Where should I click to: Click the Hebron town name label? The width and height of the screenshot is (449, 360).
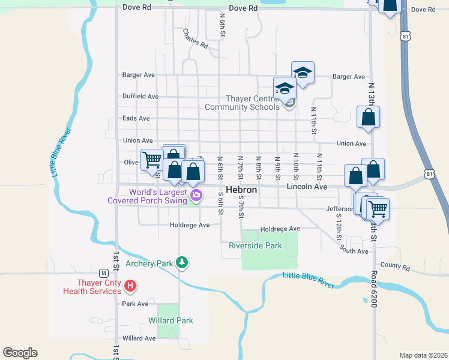pyautogui.click(x=241, y=190)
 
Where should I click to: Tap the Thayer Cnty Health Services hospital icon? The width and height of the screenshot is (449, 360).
pyautogui.click(x=130, y=286)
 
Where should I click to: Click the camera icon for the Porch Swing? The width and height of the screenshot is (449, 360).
pyautogui.click(x=196, y=195)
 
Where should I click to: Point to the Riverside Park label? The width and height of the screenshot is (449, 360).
pyautogui.click(x=255, y=245)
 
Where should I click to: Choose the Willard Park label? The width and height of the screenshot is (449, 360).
pyautogui.click(x=171, y=320)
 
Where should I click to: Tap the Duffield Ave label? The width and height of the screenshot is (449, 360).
pyautogui.click(x=140, y=96)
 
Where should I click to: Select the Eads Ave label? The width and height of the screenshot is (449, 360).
pyautogui.click(x=136, y=118)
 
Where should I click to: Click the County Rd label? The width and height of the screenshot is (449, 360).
pyautogui.click(x=394, y=267)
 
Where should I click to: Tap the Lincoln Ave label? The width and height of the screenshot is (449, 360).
pyautogui.click(x=307, y=187)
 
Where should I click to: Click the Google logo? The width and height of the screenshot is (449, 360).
pyautogui.click(x=20, y=353)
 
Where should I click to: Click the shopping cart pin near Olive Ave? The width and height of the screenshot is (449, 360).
pyautogui.click(x=151, y=160)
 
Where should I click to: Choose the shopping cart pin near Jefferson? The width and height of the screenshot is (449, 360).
pyautogui.click(x=378, y=209)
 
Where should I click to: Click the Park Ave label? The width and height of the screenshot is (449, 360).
pyautogui.click(x=135, y=304)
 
